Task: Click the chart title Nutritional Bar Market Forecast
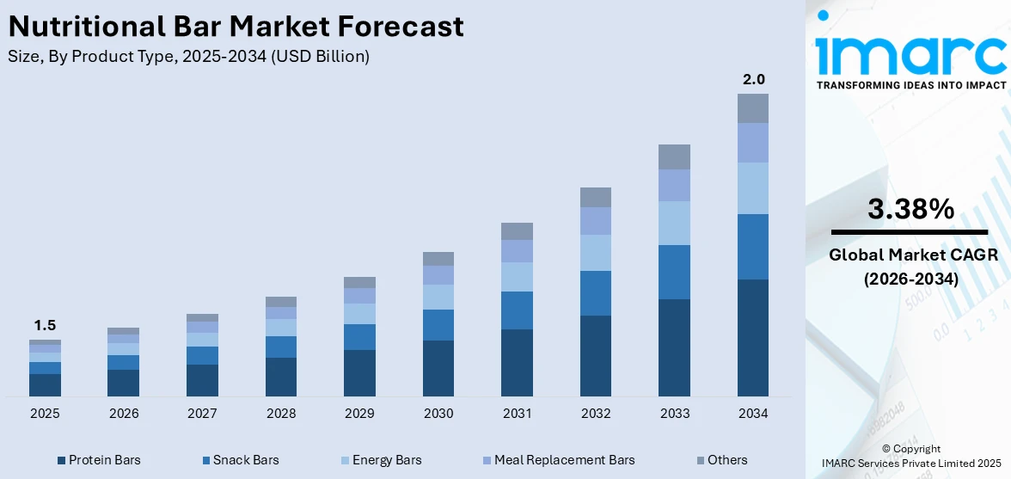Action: [236, 27]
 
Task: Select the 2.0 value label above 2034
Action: [753, 79]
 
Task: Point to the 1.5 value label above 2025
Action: [45, 325]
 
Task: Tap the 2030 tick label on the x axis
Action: [438, 414]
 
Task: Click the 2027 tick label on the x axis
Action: [202, 414]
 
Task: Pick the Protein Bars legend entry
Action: [98, 460]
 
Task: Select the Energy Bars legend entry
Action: [381, 460]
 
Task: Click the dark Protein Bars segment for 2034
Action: [753, 337]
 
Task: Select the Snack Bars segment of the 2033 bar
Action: [674, 272]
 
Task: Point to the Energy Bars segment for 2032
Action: [596, 253]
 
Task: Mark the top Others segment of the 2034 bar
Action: [753, 108]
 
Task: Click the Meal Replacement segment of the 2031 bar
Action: [517, 250]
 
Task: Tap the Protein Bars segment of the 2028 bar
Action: [281, 377]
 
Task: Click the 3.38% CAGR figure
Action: [910, 209]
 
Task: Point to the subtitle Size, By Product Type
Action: [188, 57]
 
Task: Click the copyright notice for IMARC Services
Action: [910, 456]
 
